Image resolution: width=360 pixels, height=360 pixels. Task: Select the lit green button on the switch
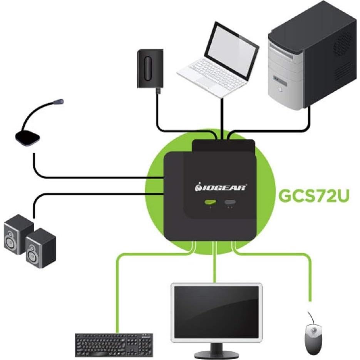(211, 202)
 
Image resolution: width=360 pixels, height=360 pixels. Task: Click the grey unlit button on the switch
(231, 202)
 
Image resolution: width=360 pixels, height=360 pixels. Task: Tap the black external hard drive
(150, 69)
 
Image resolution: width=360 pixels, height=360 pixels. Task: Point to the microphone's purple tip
(59, 102)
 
